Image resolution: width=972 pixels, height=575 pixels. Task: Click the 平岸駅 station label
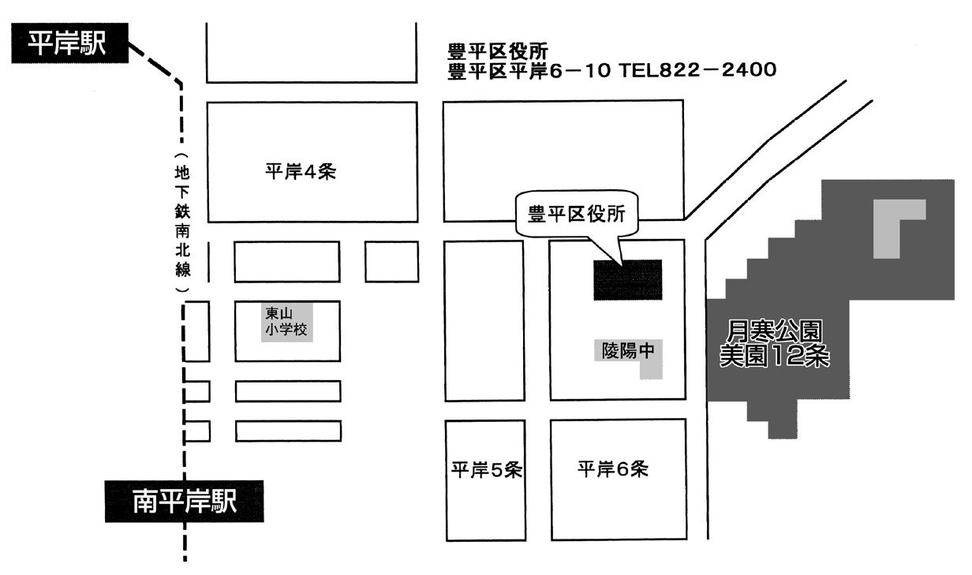pyautogui.click(x=69, y=44)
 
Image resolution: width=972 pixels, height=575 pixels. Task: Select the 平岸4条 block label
pyautogui.click(x=301, y=172)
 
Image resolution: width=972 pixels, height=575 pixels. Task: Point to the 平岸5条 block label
pyautogui.click(x=486, y=470)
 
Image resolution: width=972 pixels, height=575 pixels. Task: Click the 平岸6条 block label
pyautogui.click(x=612, y=469)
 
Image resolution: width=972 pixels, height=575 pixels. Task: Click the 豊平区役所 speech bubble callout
pyautogui.click(x=576, y=213)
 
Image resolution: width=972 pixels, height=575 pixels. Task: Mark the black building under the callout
pyautogui.click(x=628, y=279)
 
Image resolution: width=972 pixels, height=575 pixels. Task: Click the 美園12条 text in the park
pyautogui.click(x=776, y=357)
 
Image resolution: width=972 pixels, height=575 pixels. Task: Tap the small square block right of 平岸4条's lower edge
pyautogui.click(x=391, y=261)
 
